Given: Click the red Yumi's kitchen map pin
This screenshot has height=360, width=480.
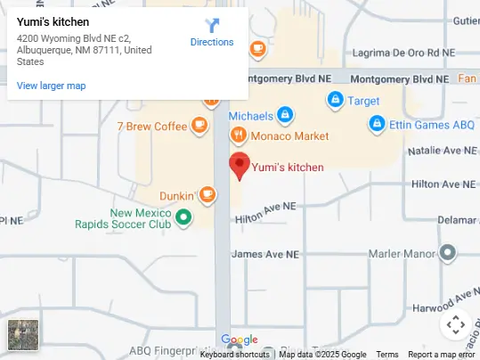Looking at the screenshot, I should (x=239, y=166).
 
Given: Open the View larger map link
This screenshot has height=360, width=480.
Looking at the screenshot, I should (x=51, y=86).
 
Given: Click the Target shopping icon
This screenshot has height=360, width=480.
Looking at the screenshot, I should (x=335, y=100).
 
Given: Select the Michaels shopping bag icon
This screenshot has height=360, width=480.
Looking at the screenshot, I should (x=284, y=115).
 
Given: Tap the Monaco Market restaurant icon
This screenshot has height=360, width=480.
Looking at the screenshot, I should (x=238, y=135).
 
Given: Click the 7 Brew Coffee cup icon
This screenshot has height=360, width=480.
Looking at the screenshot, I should (x=199, y=126).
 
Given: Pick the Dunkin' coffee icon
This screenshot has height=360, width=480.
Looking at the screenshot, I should (x=207, y=194).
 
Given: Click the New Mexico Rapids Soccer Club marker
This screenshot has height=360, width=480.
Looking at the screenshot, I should (x=183, y=217).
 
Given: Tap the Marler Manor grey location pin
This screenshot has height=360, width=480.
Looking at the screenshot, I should (x=448, y=253).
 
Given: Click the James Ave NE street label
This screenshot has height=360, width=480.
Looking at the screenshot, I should (x=264, y=254).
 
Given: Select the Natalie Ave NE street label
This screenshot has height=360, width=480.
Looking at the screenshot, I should (x=443, y=152).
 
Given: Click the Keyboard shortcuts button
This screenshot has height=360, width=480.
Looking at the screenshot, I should (x=234, y=355).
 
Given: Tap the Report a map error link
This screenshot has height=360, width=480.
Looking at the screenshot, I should (x=442, y=355).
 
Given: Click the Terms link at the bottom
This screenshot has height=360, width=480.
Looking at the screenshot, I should (x=386, y=355).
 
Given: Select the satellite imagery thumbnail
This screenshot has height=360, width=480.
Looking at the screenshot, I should (x=22, y=334).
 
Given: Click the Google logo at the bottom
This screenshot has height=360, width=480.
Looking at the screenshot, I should (x=239, y=340).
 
